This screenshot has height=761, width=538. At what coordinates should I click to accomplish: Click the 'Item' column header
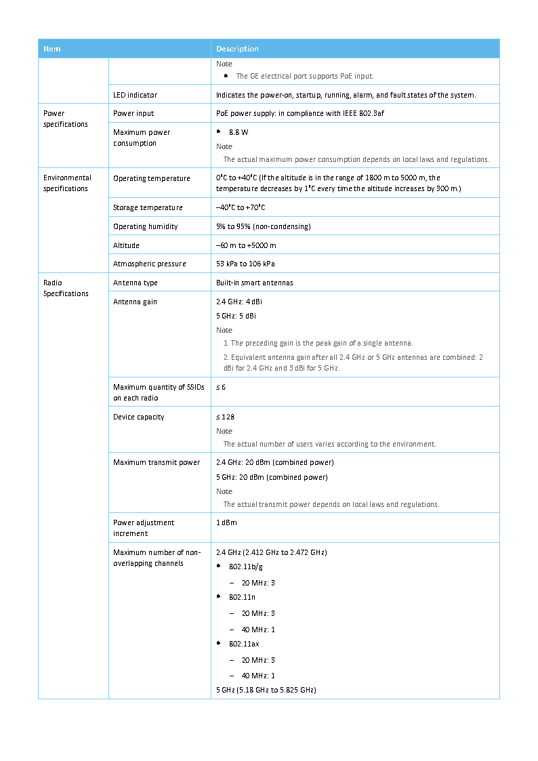[x=52, y=49]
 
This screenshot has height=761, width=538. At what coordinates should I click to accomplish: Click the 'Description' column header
[x=237, y=49]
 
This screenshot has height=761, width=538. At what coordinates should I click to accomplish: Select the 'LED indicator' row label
[x=135, y=95]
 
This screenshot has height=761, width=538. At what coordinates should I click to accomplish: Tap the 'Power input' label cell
[x=133, y=114]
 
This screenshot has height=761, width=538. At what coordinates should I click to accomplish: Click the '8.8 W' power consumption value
[x=239, y=133]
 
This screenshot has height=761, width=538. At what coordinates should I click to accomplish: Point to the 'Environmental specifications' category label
[x=67, y=184]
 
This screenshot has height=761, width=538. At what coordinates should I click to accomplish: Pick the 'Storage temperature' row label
[x=148, y=208]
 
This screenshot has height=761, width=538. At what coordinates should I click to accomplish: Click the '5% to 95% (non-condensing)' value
[x=263, y=226]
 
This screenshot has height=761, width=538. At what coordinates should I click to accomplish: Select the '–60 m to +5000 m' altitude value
[x=246, y=245]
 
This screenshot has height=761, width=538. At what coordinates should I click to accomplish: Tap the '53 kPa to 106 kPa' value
[x=245, y=264]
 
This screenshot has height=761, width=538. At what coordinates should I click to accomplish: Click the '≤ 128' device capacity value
[x=225, y=417]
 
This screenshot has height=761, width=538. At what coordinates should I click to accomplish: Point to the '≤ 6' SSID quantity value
[x=221, y=388]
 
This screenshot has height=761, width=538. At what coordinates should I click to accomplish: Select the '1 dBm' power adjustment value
[x=226, y=523]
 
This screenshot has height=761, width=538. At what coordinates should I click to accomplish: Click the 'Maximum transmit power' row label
[x=157, y=463]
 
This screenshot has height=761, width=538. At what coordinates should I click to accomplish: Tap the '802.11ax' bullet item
[x=243, y=644]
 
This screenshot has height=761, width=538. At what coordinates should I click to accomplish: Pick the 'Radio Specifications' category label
[x=66, y=288]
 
